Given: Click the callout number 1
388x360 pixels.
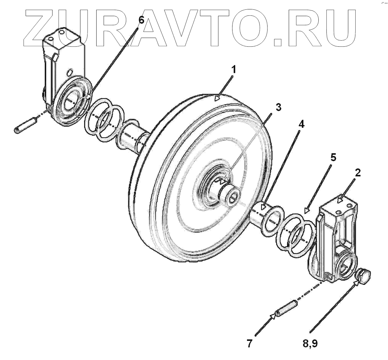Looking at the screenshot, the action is (233, 70).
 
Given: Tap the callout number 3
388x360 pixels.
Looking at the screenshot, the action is (278, 107).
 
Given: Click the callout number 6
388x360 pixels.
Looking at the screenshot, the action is (141, 20).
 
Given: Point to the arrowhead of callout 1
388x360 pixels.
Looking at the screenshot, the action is (217, 98).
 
